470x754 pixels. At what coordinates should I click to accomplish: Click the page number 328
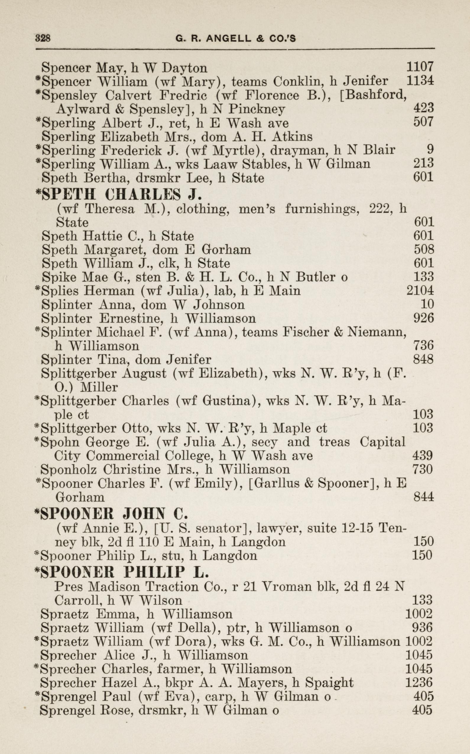43,38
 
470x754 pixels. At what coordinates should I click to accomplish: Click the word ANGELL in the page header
228,38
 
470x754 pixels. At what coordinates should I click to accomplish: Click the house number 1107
420,67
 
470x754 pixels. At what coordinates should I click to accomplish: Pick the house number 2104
420,290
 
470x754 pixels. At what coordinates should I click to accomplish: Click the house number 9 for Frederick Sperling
430,150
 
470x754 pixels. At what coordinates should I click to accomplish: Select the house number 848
423,360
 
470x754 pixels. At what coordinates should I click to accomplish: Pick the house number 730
423,469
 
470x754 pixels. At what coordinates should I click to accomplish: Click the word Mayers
260,683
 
